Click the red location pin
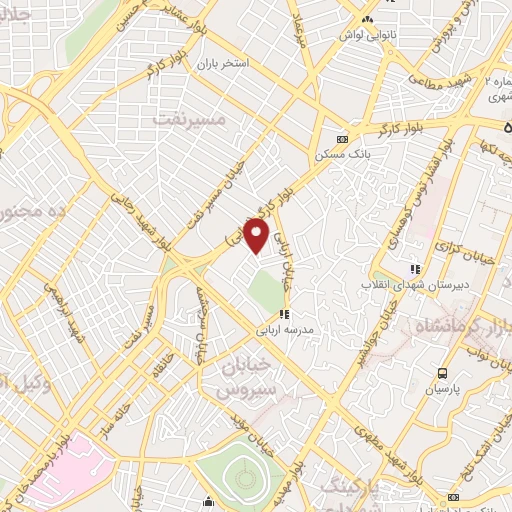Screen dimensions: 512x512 258,236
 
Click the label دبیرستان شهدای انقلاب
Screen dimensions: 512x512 412,284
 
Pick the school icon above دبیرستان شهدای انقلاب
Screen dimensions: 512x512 415,269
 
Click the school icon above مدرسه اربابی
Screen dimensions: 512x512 284,314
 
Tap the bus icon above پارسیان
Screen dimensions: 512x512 442,372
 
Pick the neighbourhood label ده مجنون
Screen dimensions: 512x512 34,212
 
